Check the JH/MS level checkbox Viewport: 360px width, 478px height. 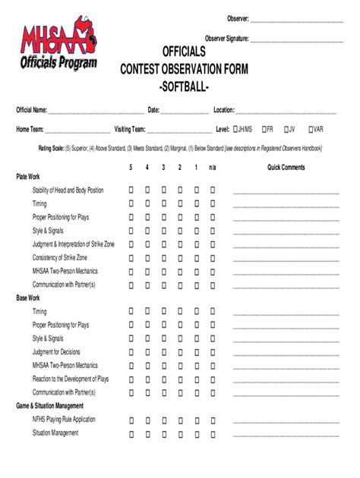pos(236,129)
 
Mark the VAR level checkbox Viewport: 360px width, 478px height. pos(311,129)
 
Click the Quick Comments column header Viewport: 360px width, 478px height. pos(286,167)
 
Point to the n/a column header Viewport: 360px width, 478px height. pos(213,167)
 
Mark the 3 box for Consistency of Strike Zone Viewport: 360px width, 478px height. pos(163,258)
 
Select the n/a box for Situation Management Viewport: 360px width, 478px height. pos(213,432)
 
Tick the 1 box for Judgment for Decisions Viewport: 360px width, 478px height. pos(197,352)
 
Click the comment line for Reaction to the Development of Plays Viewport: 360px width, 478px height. pos(286,379)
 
